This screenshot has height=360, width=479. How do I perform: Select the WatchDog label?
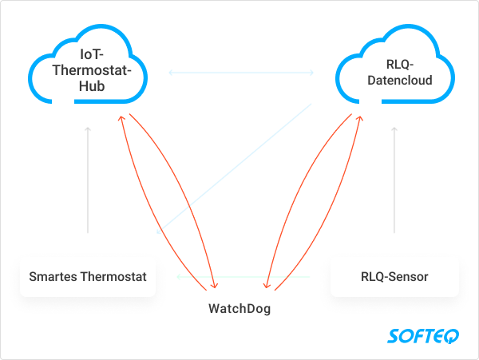239,308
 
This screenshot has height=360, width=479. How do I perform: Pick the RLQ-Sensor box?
394,277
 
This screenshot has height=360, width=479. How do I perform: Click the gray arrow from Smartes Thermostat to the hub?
89,180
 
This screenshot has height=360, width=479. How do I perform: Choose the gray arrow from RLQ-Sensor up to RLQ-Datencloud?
394,180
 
